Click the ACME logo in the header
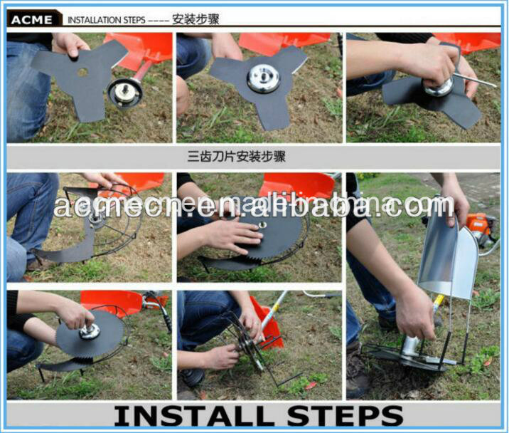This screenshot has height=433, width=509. point(33,19)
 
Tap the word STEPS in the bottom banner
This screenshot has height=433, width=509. point(349,415)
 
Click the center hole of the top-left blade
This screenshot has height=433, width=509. point(82,73)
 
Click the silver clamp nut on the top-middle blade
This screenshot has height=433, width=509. point(262,78)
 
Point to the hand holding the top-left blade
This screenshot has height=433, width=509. point(71,44)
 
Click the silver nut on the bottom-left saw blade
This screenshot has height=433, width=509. point(89,331)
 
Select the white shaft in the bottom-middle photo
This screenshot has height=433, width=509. point(274,310)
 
